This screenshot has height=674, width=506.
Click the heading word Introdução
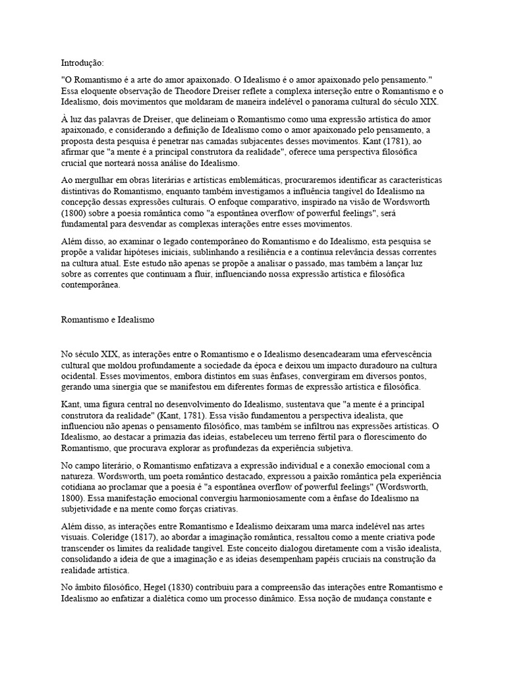coord(82,63)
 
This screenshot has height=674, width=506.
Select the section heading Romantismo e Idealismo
coord(107,319)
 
